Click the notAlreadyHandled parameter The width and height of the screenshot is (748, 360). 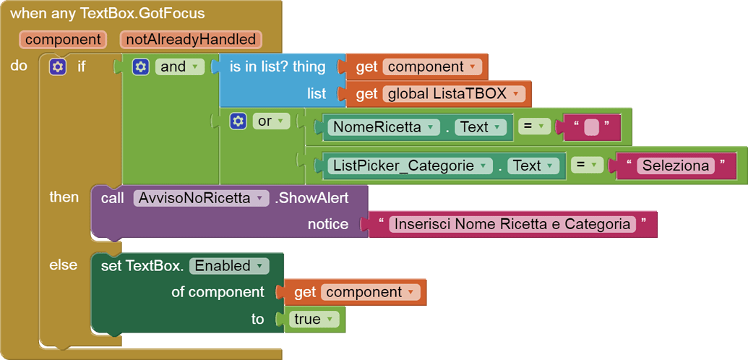coord(191,39)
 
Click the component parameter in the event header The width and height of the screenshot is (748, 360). coord(63,39)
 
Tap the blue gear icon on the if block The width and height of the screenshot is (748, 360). coord(57,67)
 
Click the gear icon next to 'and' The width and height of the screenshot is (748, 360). coord(141,67)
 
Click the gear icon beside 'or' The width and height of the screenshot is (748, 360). coord(238,121)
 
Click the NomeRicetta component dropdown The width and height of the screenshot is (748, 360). coord(383,127)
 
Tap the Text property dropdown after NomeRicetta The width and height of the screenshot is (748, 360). coord(480,127)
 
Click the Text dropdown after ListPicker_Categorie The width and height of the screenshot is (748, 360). coord(533,166)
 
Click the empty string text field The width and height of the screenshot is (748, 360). coord(591,127)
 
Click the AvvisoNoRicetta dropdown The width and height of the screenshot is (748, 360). coord(202,198)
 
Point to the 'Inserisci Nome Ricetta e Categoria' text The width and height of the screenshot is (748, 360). coord(512,224)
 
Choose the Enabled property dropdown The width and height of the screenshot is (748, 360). coord(228,265)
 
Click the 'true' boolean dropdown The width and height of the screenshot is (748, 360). coord(313,319)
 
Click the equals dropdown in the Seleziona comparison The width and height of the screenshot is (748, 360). coord(587,166)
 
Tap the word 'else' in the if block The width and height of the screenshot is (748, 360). coord(63,265)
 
